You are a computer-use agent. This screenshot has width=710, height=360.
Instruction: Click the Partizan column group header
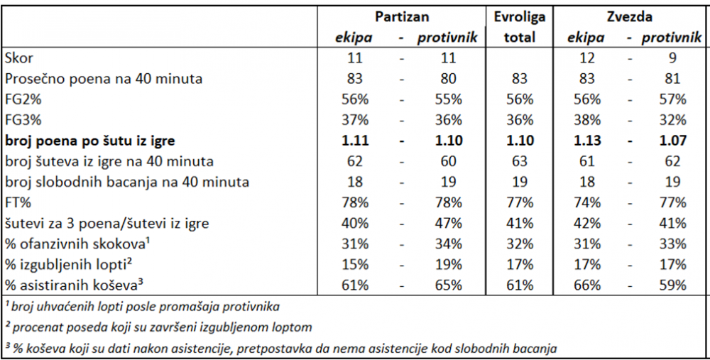[x=402, y=17]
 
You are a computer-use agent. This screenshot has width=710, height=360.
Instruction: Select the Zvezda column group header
[x=630, y=17]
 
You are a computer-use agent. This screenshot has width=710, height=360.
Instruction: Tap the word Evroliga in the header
[x=520, y=17]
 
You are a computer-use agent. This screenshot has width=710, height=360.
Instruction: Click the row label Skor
[x=19, y=58]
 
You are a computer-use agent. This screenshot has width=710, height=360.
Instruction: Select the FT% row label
[x=18, y=202]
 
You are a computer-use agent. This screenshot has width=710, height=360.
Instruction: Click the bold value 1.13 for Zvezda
[x=587, y=141]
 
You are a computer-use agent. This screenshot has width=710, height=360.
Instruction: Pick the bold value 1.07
[x=672, y=141]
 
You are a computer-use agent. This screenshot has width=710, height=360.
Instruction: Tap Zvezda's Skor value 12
[x=587, y=58]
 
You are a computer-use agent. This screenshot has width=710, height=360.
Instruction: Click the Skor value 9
[x=672, y=58]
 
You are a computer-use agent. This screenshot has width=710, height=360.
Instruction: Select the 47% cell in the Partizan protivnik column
[x=448, y=223]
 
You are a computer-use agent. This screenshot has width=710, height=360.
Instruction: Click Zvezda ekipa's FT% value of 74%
[x=587, y=202]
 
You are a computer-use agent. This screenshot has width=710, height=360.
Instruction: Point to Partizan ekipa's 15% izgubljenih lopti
[x=354, y=264]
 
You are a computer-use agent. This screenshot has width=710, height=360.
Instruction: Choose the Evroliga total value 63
[x=520, y=161]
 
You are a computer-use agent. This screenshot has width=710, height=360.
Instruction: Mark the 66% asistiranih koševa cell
[x=587, y=285]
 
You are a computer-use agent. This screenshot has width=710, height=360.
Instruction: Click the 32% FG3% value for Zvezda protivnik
[x=672, y=120]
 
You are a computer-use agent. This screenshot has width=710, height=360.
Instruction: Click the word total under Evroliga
[x=520, y=37]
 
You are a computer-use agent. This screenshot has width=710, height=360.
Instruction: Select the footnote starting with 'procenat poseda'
[x=159, y=327]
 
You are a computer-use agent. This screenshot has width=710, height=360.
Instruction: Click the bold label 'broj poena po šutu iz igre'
[x=89, y=141]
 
